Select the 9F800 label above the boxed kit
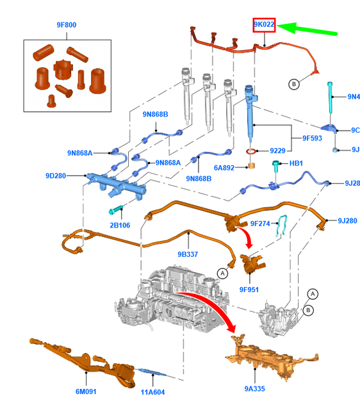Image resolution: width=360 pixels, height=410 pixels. point(66,26)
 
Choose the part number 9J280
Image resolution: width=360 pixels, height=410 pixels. point(347,220)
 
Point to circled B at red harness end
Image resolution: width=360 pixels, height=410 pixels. point(294,84)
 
